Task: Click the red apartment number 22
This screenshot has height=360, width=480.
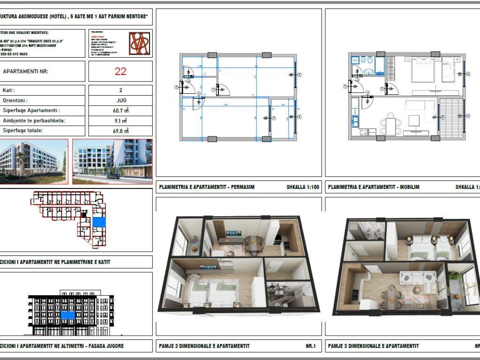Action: pyautogui.click(x=120, y=71)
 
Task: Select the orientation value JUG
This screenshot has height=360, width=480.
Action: pyautogui.click(x=120, y=100)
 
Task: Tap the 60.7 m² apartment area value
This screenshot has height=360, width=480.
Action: pyautogui.click(x=120, y=111)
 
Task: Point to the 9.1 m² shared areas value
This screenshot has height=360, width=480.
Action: pyautogui.click(x=120, y=121)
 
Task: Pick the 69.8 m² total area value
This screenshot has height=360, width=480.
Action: pyautogui.click(x=120, y=131)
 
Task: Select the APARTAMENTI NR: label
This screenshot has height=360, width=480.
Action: pyautogui.click(x=25, y=72)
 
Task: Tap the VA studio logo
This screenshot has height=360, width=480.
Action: pyautogui.click(x=140, y=43)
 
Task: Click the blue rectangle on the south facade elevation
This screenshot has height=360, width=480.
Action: pyautogui.click(x=68, y=315)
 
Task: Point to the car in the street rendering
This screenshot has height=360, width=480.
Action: pyautogui.click(x=113, y=176)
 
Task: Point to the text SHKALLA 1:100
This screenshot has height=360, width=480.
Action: pyautogui.click(x=303, y=187)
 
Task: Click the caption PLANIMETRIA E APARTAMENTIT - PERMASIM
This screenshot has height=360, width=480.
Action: pyautogui.click(x=207, y=187)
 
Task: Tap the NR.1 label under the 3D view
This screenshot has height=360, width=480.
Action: pyautogui.click(x=311, y=346)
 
